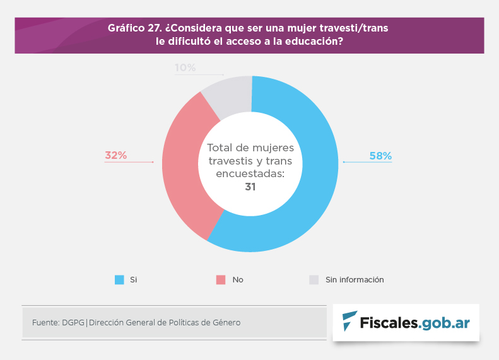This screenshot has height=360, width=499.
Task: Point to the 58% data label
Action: (380, 156)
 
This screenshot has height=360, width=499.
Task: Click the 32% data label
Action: (115, 155)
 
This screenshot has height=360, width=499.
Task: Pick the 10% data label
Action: (185, 67)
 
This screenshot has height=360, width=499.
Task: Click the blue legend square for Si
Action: (119, 279)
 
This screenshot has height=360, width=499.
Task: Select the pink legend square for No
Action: (221, 279)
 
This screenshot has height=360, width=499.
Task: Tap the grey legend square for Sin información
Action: (314, 279)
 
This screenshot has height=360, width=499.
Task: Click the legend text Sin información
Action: (355, 279)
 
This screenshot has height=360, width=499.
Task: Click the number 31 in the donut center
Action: (250, 187)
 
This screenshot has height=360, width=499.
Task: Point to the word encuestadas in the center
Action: (250, 173)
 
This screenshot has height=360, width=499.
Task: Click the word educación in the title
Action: (311, 42)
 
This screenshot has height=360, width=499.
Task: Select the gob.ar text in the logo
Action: (445, 322)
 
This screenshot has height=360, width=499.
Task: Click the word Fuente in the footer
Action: (45, 322)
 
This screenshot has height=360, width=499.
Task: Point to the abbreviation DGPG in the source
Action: (73, 322)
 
